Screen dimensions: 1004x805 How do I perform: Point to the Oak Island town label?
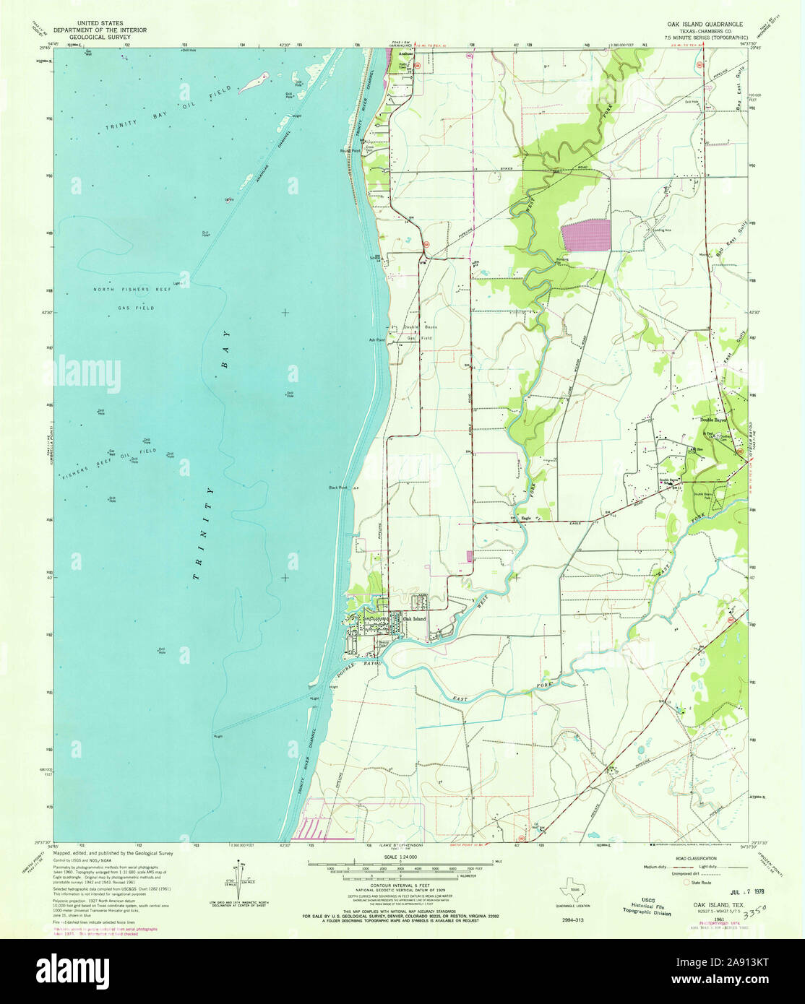pos(414,619)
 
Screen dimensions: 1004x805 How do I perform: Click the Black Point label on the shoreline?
pos(338,488)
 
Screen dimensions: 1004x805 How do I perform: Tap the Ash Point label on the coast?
pos(376,339)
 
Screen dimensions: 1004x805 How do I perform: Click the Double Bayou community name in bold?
pos(713,419)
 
